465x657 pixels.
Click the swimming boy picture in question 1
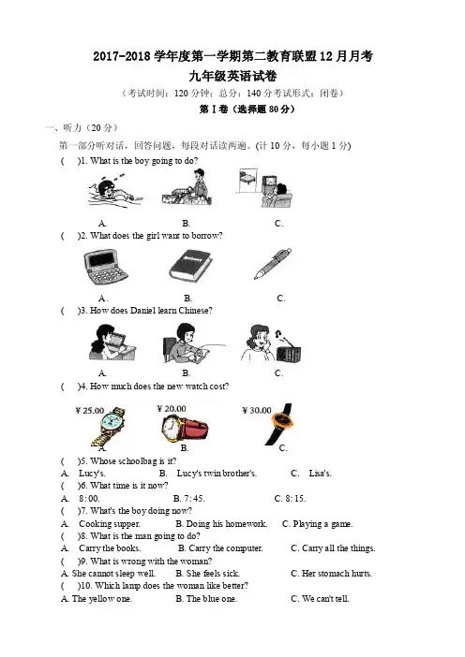coord(114,193)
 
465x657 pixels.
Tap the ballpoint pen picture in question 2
coord(273,264)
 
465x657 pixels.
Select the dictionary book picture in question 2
coord(191,266)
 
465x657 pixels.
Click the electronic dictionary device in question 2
coord(106,267)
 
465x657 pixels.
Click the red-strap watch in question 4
coord(185,429)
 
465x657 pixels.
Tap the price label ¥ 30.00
coord(257,410)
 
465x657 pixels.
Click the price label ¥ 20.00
coord(172,409)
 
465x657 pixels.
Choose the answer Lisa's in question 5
coord(320,474)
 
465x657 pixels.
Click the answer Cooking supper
coord(110,524)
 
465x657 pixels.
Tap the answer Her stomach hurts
coord(337,573)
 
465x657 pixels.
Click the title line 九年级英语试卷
coord(232,76)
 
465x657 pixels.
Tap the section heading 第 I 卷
coord(214,109)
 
